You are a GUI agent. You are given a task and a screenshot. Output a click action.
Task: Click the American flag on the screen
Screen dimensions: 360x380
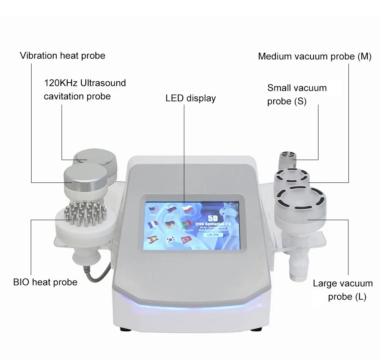tap(154, 210)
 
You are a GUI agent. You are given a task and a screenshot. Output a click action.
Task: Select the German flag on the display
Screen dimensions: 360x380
tap(171, 225)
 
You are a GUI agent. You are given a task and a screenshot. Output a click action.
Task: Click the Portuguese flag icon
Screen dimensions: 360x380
tap(187, 225)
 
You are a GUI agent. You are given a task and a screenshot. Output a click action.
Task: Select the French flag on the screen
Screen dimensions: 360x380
tap(154, 225)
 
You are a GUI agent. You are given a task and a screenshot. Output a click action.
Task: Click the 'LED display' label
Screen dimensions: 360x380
tap(190, 98)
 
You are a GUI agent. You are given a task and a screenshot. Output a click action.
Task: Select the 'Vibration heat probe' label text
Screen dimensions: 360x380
tap(62, 56)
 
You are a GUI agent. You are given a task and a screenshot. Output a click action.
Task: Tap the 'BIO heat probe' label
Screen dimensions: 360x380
tap(45, 282)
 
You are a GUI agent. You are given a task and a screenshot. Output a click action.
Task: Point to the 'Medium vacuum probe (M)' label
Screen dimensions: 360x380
tap(315, 57)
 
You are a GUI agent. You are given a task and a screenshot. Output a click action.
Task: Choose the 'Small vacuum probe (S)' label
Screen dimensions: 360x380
tap(296, 95)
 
